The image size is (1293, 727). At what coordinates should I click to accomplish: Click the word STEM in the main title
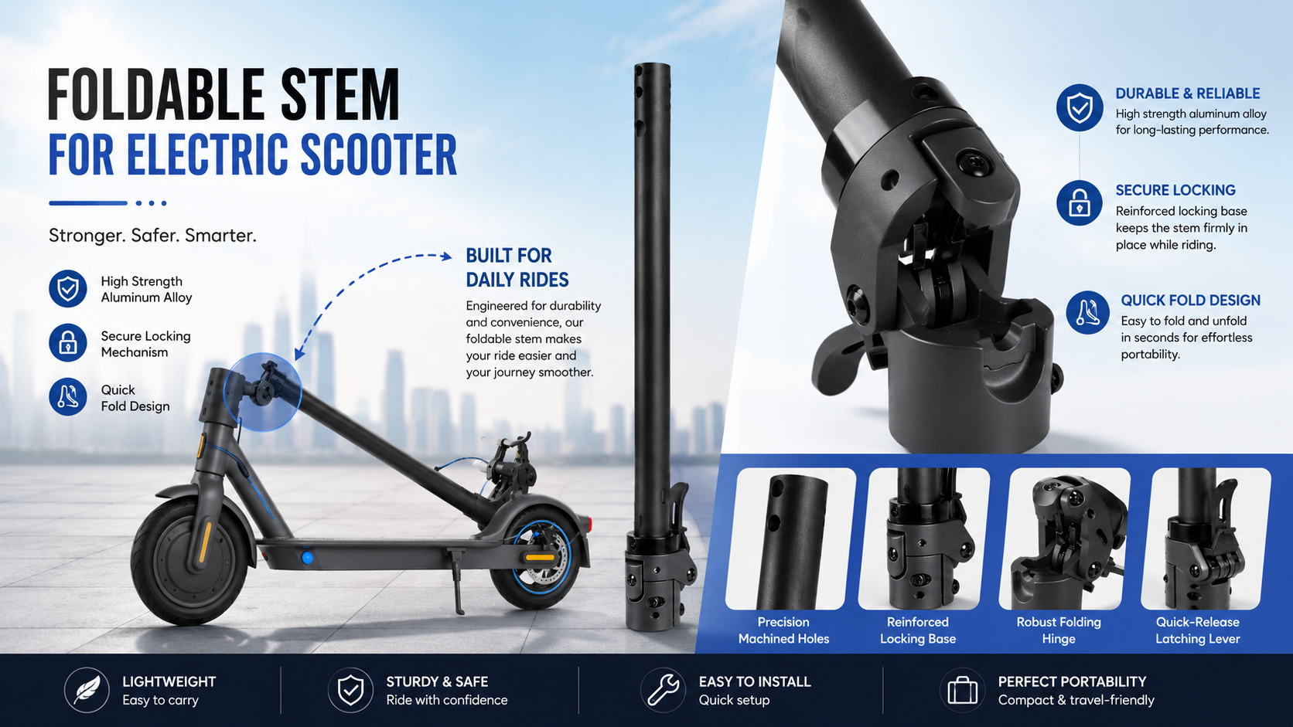[x=340, y=94]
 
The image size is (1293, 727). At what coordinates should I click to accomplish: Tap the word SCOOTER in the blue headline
[x=379, y=155]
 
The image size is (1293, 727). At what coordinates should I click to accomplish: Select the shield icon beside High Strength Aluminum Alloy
[x=67, y=289]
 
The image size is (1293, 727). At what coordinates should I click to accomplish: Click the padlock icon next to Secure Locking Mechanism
[x=67, y=343]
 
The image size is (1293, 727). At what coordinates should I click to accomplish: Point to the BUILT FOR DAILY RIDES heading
[x=517, y=267]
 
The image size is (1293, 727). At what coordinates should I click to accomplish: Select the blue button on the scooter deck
[x=308, y=558]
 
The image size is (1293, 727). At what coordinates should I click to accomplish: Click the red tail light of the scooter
[x=589, y=524]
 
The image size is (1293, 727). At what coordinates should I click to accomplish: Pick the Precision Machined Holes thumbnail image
[x=790, y=538]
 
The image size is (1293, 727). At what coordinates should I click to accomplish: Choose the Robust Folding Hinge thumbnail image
[x=1064, y=538]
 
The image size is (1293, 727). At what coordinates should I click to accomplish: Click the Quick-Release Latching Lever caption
[x=1198, y=630]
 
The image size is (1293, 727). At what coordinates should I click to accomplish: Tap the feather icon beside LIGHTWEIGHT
[x=87, y=690]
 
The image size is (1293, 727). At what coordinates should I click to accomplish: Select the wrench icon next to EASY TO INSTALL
[x=663, y=690]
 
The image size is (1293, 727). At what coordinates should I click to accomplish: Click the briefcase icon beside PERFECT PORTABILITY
[x=962, y=690]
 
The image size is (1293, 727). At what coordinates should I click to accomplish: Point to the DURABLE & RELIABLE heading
[x=1187, y=93]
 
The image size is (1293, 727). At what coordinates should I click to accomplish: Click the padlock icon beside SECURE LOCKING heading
[x=1079, y=203]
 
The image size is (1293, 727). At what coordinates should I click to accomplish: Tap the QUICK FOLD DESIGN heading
[x=1190, y=301]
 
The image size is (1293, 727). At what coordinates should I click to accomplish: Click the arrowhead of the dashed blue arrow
[x=446, y=256]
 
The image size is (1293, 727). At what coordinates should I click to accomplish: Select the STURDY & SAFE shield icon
[x=350, y=690]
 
